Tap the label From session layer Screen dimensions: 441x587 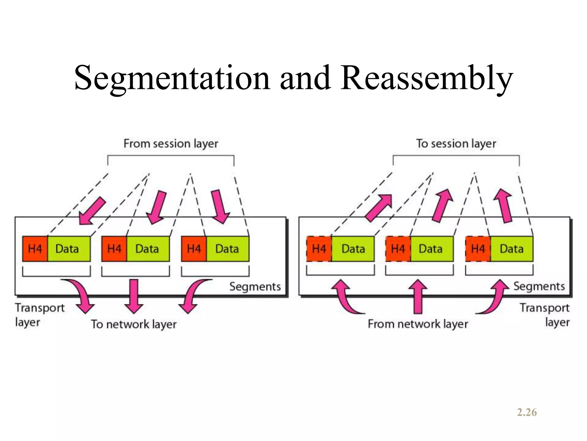click(171, 144)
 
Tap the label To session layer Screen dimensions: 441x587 click(456, 144)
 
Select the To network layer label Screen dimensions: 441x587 click(134, 324)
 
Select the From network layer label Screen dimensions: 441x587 click(418, 324)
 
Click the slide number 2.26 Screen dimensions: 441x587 click(527, 412)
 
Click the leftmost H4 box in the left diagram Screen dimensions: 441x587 click(35, 249)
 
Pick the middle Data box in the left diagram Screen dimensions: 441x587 click(148, 249)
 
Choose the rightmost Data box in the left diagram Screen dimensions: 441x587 click(228, 249)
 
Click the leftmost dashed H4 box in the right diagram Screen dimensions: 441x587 click(319, 249)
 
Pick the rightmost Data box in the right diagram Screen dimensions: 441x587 click(512, 249)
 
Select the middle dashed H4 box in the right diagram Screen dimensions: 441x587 click(398, 249)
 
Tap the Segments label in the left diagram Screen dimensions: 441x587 click(255, 287)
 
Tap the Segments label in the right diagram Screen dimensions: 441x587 click(539, 286)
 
